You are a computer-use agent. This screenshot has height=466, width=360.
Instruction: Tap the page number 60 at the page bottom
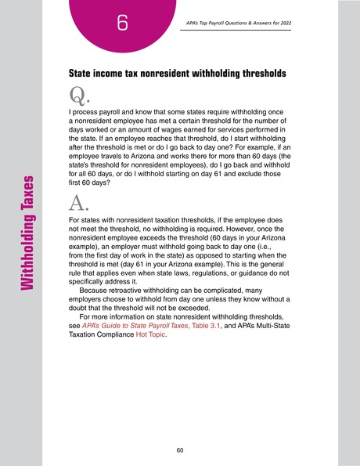click(180, 450)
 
